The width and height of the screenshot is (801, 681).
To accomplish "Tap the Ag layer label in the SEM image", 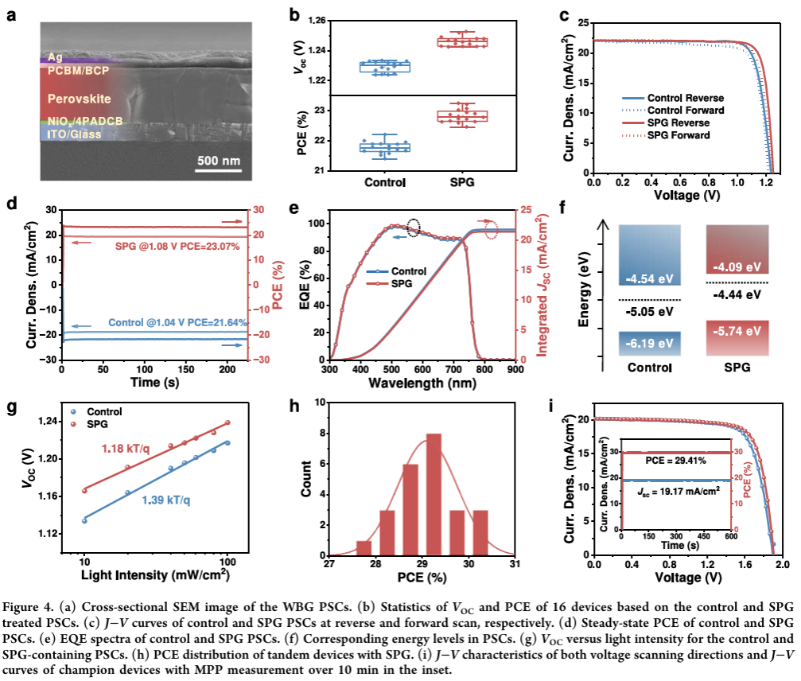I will point(55,58).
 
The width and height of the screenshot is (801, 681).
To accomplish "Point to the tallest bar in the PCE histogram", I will point(434,494).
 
